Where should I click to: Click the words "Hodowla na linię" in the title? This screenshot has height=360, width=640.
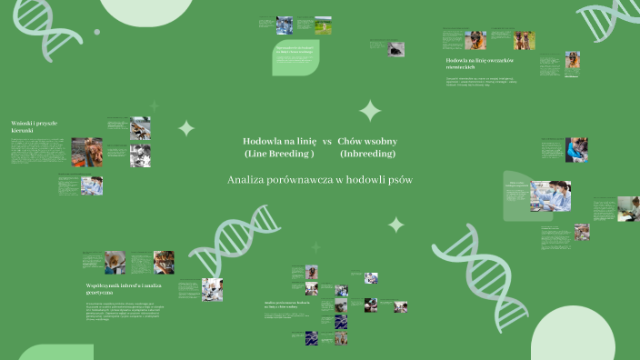click(x=279, y=142)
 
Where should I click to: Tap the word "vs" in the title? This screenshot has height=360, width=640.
click(x=327, y=142)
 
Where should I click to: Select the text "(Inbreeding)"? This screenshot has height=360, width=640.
click(x=367, y=154)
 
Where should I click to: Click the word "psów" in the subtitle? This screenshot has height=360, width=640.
click(x=397, y=180)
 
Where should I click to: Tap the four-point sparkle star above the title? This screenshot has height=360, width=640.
click(x=370, y=111)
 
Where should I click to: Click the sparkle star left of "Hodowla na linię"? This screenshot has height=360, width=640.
click(x=186, y=128)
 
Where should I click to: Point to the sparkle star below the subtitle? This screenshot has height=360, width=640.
click(x=396, y=224)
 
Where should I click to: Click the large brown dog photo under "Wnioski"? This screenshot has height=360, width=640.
click(x=87, y=152)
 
